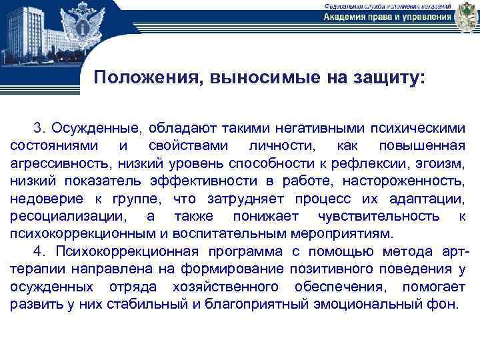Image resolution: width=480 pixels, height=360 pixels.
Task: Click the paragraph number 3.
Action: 39,127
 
